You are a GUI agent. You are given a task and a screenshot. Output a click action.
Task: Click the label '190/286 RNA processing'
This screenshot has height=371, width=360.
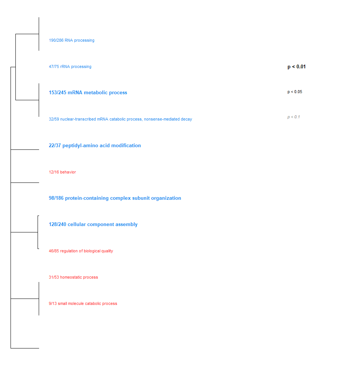pos(71,40)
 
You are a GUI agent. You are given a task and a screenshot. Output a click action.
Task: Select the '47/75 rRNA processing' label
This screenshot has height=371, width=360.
pos(70,66)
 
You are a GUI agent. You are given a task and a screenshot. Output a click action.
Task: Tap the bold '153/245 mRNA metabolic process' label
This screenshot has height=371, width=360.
pos(88,93)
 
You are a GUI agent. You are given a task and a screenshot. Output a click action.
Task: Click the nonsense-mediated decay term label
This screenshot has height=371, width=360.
pos(120,119)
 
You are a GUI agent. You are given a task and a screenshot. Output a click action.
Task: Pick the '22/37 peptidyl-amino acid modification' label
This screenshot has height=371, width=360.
pos(95,146)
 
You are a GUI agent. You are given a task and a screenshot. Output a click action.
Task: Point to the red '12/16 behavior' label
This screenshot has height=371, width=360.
pos(62,172)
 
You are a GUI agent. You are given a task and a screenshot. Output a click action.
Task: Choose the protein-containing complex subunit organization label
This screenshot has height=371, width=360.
pos(115,198)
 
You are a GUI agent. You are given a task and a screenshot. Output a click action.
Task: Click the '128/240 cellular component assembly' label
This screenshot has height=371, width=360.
pos(93,225)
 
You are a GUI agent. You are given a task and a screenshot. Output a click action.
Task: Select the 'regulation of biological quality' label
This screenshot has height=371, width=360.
pos(81,251)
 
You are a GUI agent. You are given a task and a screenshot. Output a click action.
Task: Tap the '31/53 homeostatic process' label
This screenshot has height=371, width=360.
pos(73,277)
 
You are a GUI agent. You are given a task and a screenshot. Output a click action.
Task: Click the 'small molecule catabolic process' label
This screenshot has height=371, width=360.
pos(83,303)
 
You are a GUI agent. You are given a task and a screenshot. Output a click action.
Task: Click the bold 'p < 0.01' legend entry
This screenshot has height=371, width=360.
pos(296,67)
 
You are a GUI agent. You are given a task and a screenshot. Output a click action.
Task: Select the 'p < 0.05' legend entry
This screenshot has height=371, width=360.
pos(295,92)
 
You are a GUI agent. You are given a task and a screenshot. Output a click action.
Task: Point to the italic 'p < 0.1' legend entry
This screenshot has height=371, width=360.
pos(293,117)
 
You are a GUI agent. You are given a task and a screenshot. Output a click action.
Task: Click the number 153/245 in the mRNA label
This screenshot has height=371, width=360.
pos(57,93)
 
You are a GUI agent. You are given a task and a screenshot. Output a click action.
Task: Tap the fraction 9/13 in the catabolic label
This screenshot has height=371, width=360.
pos(53,303)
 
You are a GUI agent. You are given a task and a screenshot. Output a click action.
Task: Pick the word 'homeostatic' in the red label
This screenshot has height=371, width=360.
pos(71,277)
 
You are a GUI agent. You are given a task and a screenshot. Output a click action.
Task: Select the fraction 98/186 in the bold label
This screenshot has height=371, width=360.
pos(56,198)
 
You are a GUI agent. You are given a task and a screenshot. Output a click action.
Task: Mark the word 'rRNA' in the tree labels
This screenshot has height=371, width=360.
pos(65,66)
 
